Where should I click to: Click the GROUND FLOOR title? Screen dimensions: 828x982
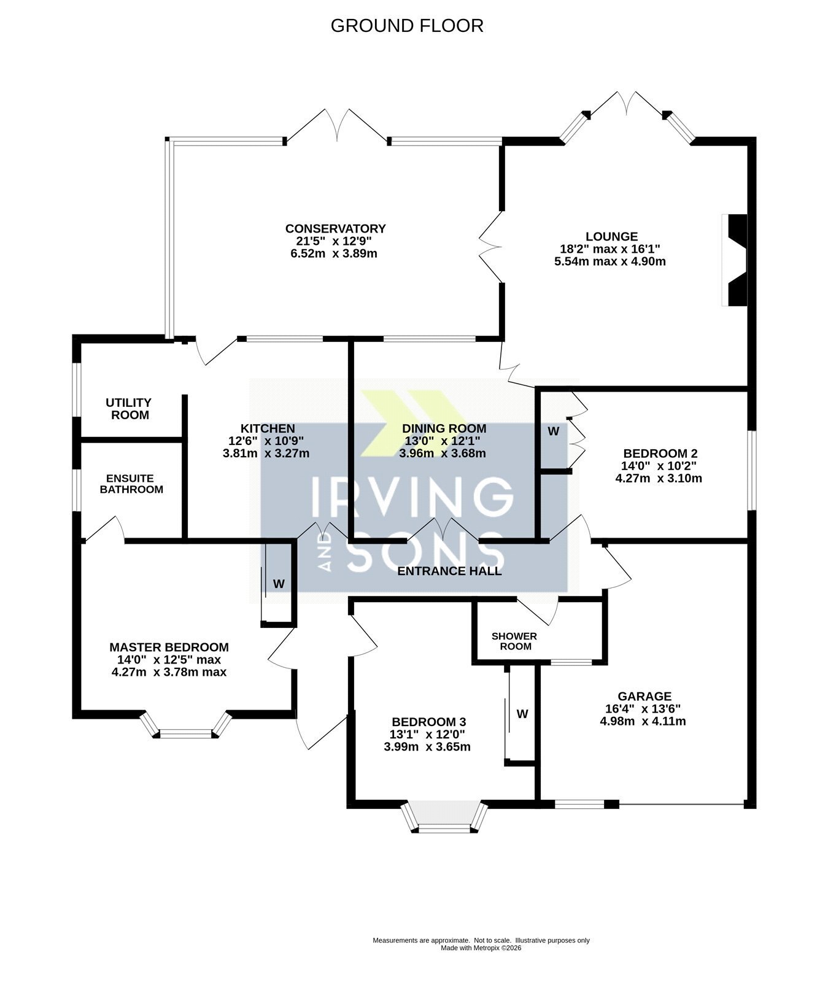pos(407,26)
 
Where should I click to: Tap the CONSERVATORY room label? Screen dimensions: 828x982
pos(336,229)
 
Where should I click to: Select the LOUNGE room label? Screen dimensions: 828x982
pos(611,236)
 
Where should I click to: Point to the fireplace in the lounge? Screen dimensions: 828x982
pos(735,260)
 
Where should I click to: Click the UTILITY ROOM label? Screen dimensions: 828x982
pos(128,409)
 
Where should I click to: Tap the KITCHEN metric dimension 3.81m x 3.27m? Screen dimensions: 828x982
pos(266,454)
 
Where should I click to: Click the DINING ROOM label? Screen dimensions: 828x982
pos(444,428)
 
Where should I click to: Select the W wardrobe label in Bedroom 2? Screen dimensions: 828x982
pos(554,431)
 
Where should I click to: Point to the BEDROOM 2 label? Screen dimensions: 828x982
pos(660,454)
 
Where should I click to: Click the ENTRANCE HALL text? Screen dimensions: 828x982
pos(450,571)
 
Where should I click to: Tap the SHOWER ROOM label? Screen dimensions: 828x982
pos(514,641)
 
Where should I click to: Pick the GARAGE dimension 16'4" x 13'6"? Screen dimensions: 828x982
pos(643,709)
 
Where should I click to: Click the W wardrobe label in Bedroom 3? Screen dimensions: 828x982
pos(522,714)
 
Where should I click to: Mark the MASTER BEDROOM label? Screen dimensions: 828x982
pos(169,648)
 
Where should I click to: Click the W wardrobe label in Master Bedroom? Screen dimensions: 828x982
pos(279,584)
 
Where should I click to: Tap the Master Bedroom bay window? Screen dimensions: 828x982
pos(186,725)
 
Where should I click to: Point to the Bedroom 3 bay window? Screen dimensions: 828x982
pos(445,816)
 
